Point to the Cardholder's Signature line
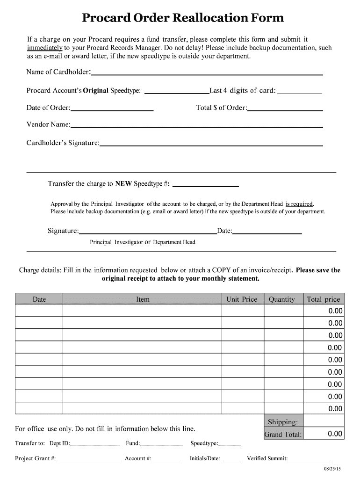(x=211, y=144)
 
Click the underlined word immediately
(x=45, y=48)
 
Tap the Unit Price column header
(x=242, y=299)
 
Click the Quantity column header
(x=281, y=299)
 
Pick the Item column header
(x=143, y=299)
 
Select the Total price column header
(x=323, y=299)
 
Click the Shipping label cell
(x=282, y=422)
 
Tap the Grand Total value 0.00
(x=335, y=434)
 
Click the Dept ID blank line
(x=95, y=444)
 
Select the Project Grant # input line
(x=88, y=459)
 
